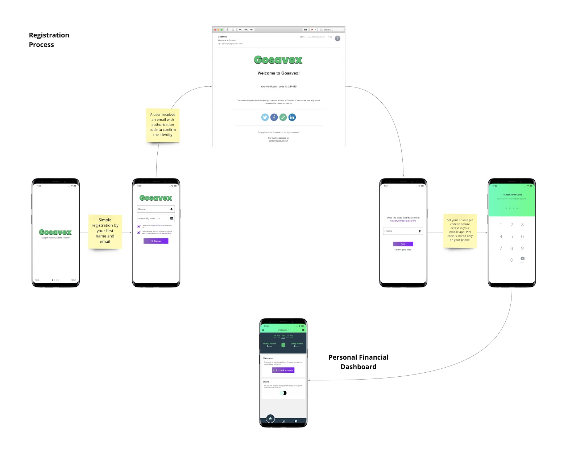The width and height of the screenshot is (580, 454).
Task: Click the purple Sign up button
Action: click(x=156, y=241)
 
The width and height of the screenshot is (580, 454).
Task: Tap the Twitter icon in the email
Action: click(x=265, y=117)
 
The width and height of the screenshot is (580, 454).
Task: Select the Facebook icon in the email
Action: click(x=274, y=117)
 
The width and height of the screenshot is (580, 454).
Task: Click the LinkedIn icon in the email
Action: click(x=292, y=117)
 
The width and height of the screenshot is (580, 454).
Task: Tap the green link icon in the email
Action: click(x=283, y=117)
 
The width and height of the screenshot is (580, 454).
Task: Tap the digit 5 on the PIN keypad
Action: click(x=511, y=237)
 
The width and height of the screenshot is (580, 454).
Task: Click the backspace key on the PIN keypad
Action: click(x=522, y=259)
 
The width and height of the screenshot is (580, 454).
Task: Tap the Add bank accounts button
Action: click(x=283, y=370)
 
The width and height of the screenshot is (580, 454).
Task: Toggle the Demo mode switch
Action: click(x=283, y=393)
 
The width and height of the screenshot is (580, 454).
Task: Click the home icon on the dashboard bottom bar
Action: click(x=270, y=419)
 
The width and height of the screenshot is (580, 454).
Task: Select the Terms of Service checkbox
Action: click(x=139, y=226)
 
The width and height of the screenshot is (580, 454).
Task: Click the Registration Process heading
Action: click(x=49, y=40)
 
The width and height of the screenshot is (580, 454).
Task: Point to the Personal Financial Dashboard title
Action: click(x=358, y=362)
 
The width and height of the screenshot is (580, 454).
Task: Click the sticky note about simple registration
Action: click(x=105, y=231)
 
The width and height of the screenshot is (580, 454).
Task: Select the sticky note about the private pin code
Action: click(x=460, y=230)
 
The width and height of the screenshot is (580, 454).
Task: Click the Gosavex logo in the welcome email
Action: click(x=278, y=60)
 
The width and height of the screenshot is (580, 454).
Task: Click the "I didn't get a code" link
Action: click(x=403, y=250)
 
